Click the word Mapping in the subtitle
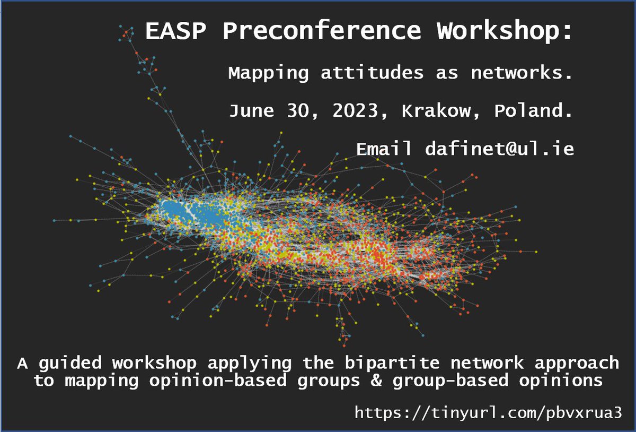click(x=268, y=73)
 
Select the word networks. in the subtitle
click(x=522, y=73)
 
